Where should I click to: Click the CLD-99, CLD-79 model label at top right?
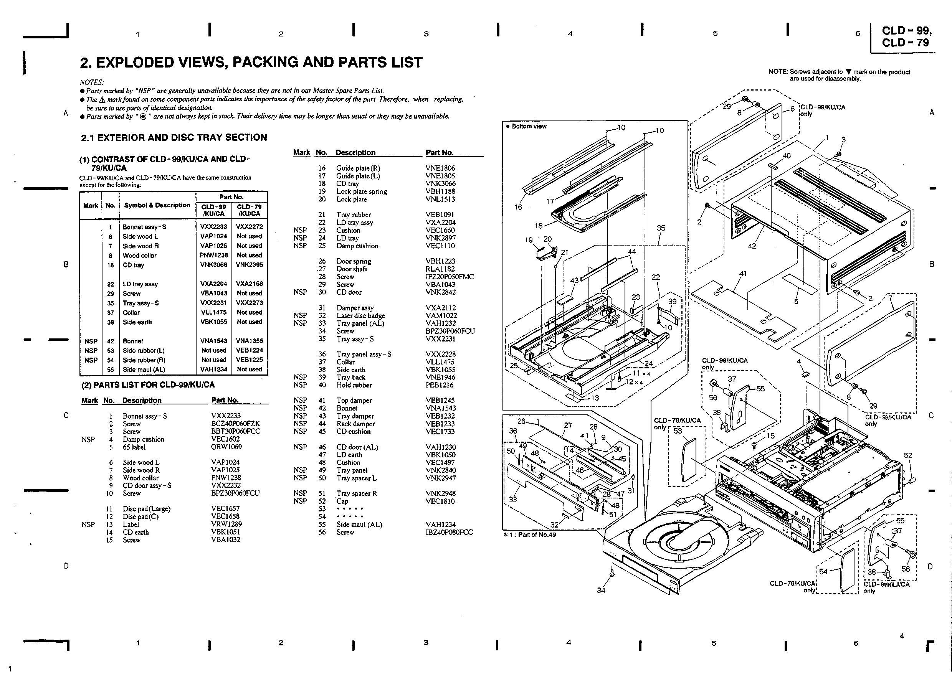(x=906, y=36)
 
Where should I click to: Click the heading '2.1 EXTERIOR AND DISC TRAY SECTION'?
(x=174, y=138)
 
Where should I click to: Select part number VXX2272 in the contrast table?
(x=249, y=227)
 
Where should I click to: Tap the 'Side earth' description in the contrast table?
(x=137, y=322)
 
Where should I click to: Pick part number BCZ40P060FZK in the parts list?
(x=235, y=424)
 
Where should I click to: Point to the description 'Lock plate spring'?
(x=361, y=191)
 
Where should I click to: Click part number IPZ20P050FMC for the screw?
(x=449, y=277)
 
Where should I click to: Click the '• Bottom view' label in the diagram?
(x=526, y=126)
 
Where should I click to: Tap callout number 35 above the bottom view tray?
(x=661, y=228)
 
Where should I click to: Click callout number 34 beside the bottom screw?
(x=601, y=590)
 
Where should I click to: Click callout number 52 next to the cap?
(x=907, y=455)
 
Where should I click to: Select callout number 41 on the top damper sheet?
(x=743, y=274)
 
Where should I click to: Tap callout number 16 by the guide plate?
(x=518, y=207)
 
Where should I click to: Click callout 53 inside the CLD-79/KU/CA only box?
(x=678, y=431)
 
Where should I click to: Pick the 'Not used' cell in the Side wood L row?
(x=249, y=236)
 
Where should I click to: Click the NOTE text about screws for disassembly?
(x=839, y=75)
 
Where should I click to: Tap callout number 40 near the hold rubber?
(x=787, y=156)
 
